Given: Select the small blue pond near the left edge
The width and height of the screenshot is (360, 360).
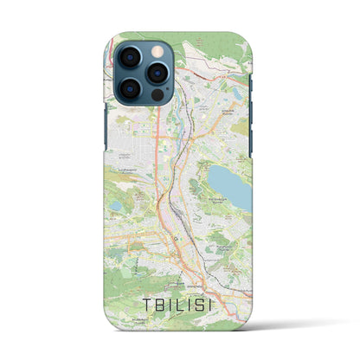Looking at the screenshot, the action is pyautogui.click(x=115, y=205).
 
